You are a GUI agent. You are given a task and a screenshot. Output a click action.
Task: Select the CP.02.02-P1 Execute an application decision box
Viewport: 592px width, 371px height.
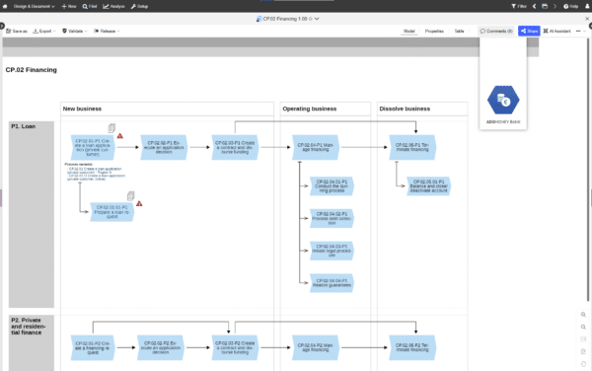tap(164, 146)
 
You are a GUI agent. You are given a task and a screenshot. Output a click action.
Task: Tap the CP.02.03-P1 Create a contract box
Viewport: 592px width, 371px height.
tap(237, 146)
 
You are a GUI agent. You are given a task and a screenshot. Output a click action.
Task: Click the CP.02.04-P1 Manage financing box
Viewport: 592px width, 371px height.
tap(316, 146)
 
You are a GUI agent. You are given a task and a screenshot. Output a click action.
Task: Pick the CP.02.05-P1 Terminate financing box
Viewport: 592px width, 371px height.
tap(412, 146)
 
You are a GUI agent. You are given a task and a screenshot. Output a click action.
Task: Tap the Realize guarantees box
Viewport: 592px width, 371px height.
tap(331, 282)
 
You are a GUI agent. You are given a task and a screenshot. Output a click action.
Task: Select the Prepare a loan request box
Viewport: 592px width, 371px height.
tap(111, 210)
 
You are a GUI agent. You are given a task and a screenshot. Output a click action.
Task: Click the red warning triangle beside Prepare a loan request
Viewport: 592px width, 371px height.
tap(139, 203)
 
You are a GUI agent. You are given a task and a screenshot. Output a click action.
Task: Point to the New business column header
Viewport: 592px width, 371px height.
tap(82, 109)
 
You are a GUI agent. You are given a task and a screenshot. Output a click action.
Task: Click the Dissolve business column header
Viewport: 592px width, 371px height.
tap(405, 109)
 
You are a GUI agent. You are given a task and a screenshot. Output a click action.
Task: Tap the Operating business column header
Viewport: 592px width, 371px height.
tap(311, 109)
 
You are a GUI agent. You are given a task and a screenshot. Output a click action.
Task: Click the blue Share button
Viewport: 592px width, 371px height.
tap(529, 32)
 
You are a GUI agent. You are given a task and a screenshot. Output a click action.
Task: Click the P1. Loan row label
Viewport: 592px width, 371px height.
tap(24, 126)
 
